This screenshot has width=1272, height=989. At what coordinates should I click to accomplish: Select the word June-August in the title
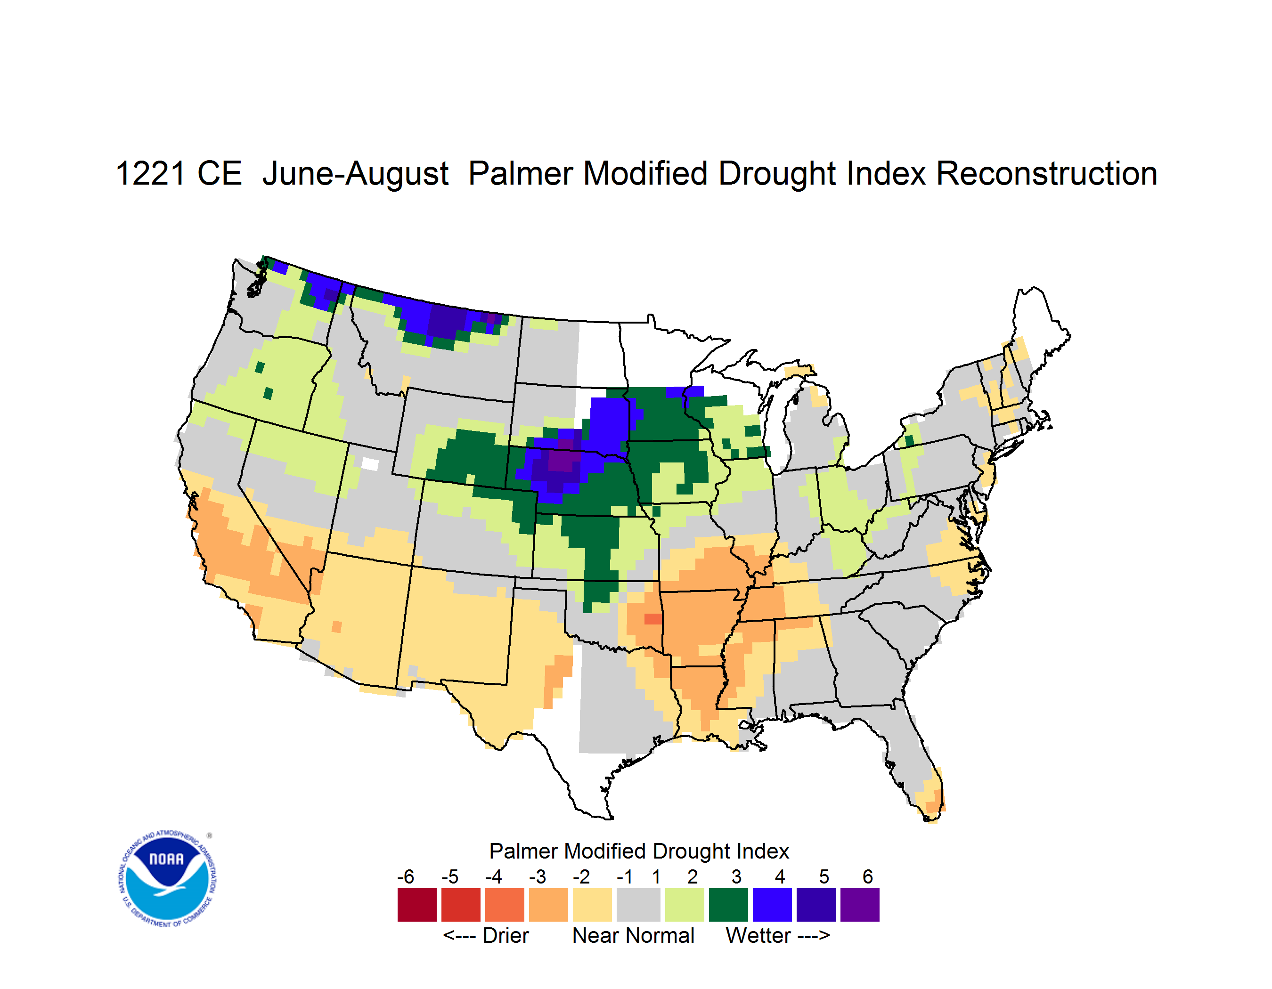click(355, 174)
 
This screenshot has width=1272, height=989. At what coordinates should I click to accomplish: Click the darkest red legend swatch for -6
click(417, 905)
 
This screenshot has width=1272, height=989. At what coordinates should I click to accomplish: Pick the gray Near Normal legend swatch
click(638, 905)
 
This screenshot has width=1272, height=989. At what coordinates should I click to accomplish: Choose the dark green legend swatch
click(728, 905)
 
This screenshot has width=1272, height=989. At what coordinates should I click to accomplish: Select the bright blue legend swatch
click(772, 905)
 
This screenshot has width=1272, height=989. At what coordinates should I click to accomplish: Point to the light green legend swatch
click(685, 905)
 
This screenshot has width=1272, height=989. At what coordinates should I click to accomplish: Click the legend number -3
click(538, 876)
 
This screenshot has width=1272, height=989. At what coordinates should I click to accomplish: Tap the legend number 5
click(824, 876)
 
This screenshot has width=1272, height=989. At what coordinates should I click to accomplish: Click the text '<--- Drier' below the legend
click(486, 935)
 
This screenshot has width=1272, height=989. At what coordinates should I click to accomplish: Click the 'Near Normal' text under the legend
click(634, 935)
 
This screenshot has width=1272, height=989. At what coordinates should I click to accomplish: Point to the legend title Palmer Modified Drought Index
click(639, 851)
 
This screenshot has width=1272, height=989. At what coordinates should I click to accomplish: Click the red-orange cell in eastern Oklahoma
click(652, 619)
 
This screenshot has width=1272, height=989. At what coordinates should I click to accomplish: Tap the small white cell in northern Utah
click(370, 464)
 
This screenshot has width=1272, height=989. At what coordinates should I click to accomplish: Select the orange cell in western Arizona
click(337, 626)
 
